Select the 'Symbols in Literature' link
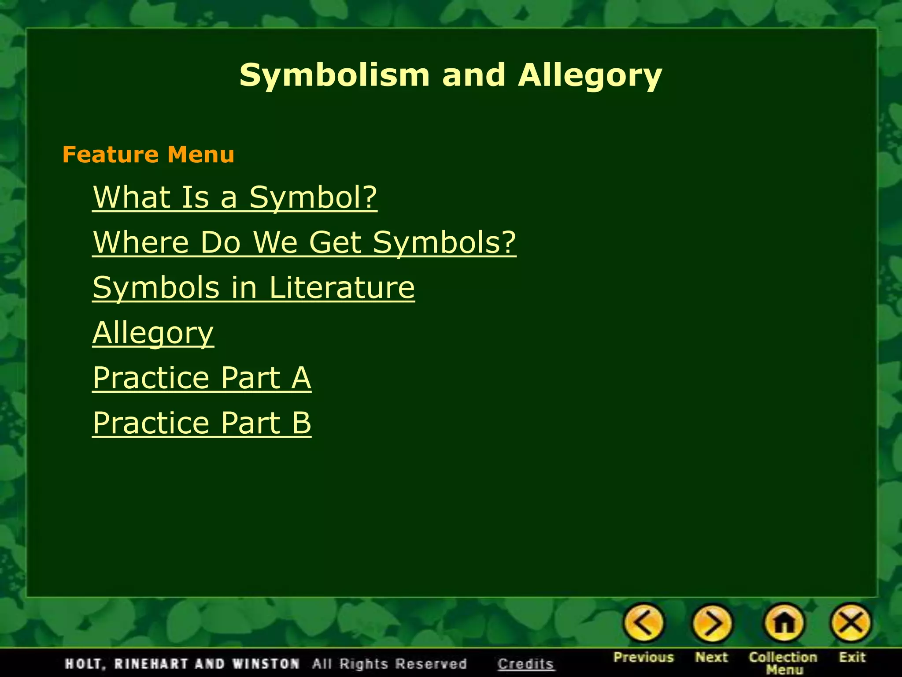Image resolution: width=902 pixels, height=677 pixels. pyautogui.click(x=253, y=287)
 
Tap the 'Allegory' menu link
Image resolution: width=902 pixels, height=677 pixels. pyautogui.click(x=153, y=333)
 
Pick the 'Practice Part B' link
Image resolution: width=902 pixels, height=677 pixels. pyautogui.click(x=202, y=423)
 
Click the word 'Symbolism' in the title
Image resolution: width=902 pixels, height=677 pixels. pyautogui.click(x=334, y=75)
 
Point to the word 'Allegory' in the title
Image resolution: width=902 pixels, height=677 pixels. pyautogui.click(x=590, y=75)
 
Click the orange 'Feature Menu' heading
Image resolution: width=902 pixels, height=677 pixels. pyautogui.click(x=148, y=155)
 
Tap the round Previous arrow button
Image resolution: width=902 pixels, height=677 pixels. pyautogui.click(x=643, y=623)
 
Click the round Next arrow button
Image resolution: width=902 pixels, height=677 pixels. pyautogui.click(x=712, y=623)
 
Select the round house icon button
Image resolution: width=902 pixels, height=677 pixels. pyautogui.click(x=784, y=623)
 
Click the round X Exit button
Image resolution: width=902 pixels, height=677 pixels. pyautogui.click(x=851, y=623)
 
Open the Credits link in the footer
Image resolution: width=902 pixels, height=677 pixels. pyautogui.click(x=525, y=664)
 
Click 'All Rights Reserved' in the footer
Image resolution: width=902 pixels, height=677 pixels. pyautogui.click(x=389, y=664)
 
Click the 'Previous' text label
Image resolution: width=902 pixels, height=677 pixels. pyautogui.click(x=643, y=657)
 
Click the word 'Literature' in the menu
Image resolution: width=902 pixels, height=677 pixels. pyautogui.click(x=342, y=287)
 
